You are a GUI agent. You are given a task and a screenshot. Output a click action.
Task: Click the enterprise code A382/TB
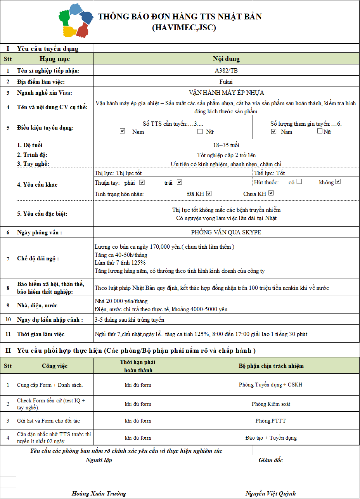pyautogui.click(x=226, y=71)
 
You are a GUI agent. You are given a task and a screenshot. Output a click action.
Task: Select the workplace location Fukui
pyautogui.click(x=226, y=81)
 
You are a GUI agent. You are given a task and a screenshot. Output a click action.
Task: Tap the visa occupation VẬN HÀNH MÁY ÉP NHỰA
pyautogui.click(x=226, y=93)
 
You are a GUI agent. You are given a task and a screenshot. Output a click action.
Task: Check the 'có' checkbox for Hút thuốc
pyautogui.click(x=299, y=181)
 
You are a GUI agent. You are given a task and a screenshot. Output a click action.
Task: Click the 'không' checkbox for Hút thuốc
pyautogui.click(x=338, y=181)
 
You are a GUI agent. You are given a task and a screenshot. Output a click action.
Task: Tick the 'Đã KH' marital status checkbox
pyautogui.click(x=209, y=193)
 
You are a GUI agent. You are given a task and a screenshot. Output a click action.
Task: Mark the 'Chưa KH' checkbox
pyautogui.click(x=271, y=193)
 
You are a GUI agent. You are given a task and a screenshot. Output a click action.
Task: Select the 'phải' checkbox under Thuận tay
pyautogui.click(x=142, y=182)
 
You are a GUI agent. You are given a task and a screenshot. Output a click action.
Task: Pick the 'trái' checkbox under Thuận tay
pyautogui.click(x=179, y=182)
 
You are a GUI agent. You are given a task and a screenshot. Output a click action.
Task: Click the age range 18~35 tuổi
pyautogui.click(x=226, y=145)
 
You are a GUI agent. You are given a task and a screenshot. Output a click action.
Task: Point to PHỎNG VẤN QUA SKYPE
pyautogui.click(x=226, y=232)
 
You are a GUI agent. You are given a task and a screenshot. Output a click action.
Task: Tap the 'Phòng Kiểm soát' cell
pyautogui.click(x=271, y=404)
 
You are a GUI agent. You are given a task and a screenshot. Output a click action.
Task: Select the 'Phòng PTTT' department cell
pyautogui.click(x=271, y=421)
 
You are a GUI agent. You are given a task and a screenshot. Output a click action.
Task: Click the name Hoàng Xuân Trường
pyautogui.click(x=99, y=494)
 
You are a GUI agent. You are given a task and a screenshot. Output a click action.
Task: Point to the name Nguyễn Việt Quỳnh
pyautogui.click(x=271, y=494)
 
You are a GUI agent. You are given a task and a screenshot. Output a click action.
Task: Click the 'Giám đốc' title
pyautogui.click(x=271, y=460)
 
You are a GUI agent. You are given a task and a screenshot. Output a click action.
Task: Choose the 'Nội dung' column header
pyautogui.click(x=226, y=59)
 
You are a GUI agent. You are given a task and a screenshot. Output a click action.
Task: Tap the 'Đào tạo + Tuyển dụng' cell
pyautogui.click(x=271, y=438)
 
